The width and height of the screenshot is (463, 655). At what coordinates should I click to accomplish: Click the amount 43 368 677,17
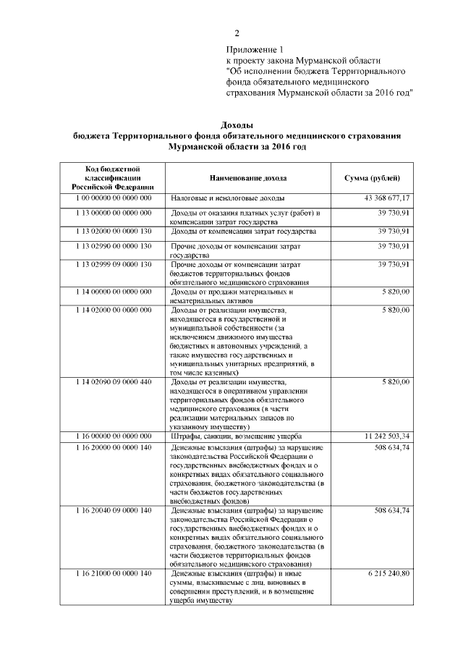click(x=387, y=198)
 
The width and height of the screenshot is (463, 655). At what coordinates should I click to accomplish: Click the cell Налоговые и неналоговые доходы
click(x=227, y=198)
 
